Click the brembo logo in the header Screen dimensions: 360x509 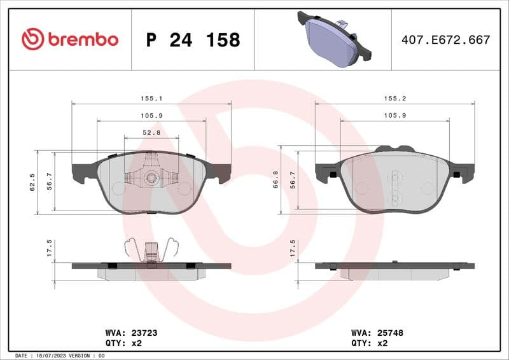click(70, 39)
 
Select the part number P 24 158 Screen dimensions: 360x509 click(193, 40)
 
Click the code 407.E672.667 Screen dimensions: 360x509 click(445, 40)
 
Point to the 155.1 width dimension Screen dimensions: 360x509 click(151, 99)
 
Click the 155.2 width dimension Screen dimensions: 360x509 click(394, 99)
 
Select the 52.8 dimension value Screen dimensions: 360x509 click(151, 133)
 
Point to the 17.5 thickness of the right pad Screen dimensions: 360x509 click(293, 247)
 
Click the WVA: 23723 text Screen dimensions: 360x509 click(122, 332)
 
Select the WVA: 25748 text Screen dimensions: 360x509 click(377, 332)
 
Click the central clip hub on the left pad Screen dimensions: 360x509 click(151, 178)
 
